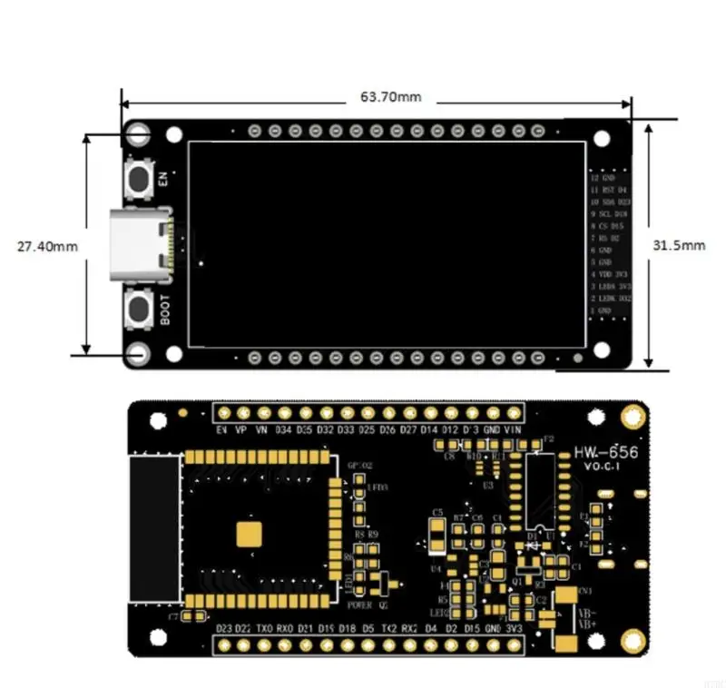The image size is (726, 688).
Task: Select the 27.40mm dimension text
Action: [x=47, y=246]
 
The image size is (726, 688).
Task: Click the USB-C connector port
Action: [x=140, y=246]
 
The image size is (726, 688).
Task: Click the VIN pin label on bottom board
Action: [x=515, y=429]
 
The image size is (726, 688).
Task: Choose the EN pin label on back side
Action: [x=221, y=429]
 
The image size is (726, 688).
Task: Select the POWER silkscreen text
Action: [x=359, y=604]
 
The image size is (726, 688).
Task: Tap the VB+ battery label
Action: [x=587, y=626]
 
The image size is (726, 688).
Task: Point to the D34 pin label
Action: [x=283, y=429]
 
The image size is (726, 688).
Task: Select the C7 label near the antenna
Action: [x=173, y=617]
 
